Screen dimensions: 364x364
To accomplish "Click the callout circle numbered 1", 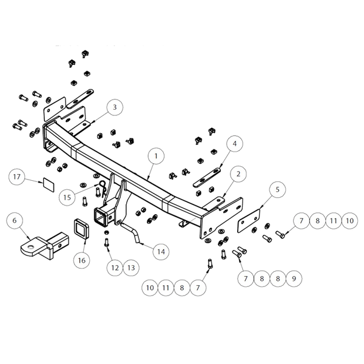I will [x=156, y=156].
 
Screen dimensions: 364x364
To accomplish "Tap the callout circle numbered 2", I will [x=238, y=175].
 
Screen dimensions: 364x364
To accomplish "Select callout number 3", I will [x=113, y=107].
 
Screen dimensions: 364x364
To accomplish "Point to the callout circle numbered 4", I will [x=234, y=144].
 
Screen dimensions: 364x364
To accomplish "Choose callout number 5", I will [x=277, y=190].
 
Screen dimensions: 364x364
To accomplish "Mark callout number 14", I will [x=160, y=251].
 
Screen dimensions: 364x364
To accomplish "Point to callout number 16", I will [x=82, y=260].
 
